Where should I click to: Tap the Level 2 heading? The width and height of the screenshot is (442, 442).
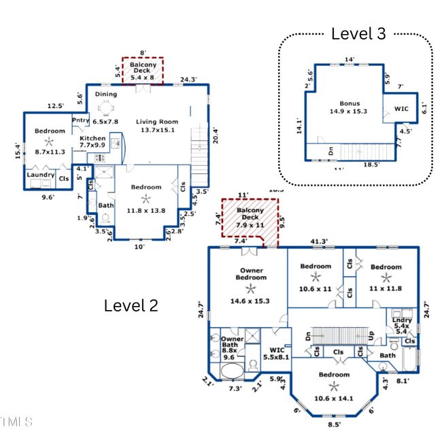(131, 305)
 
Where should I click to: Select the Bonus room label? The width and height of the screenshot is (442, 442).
(350, 103)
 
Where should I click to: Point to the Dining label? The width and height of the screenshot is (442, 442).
(105, 95)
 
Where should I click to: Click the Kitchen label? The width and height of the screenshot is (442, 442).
(93, 138)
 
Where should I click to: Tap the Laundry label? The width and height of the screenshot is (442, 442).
(41, 175)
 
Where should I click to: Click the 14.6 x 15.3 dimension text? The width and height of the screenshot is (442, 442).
(250, 301)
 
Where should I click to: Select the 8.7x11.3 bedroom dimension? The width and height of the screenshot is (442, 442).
(49, 152)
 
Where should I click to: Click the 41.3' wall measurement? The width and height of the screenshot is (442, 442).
(319, 241)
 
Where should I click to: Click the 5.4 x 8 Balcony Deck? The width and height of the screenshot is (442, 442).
(143, 71)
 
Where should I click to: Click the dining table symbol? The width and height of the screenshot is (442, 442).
(106, 107)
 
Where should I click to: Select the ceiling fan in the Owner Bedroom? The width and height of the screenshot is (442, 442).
(250, 288)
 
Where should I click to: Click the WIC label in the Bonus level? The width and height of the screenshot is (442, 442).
(401, 108)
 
